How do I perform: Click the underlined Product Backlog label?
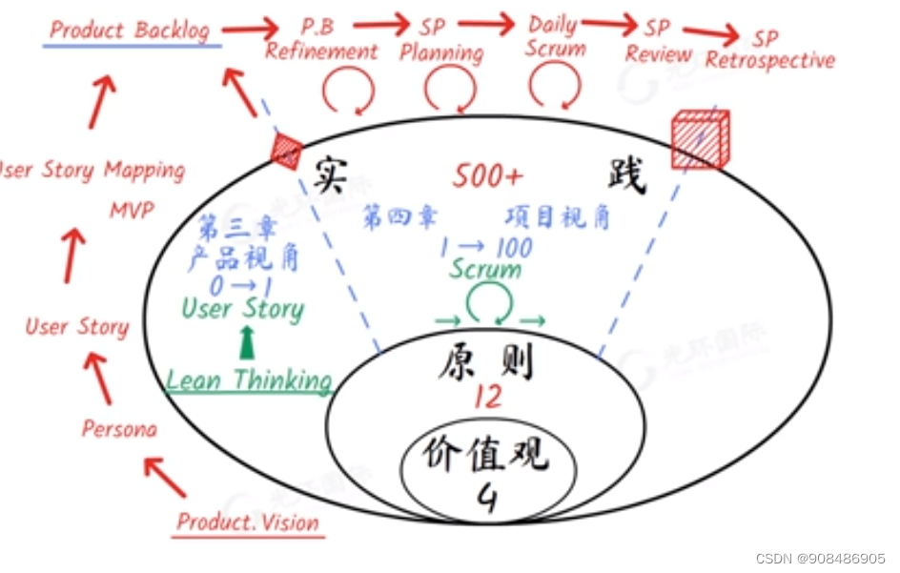(130, 30)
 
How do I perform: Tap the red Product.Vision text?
(249, 522)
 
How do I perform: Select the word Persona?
(119, 428)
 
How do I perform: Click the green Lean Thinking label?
(248, 379)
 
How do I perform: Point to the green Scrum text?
(485, 269)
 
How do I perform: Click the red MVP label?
(131, 209)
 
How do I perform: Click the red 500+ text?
(487, 176)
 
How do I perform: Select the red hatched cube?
(700, 139)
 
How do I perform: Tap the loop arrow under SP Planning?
(449, 92)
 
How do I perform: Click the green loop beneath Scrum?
(488, 306)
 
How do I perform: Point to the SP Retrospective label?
(769, 51)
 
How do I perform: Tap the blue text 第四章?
(399, 217)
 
